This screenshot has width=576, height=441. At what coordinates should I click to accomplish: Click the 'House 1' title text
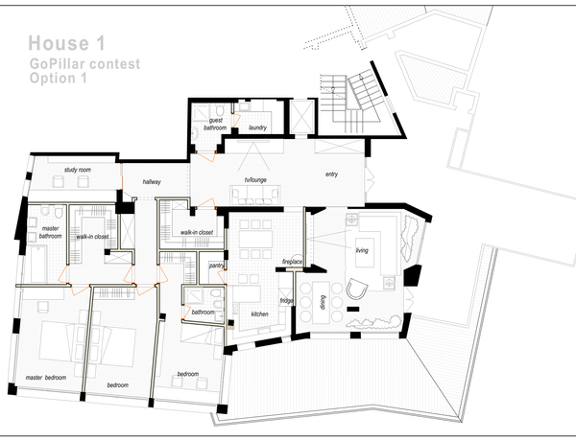tap(66, 43)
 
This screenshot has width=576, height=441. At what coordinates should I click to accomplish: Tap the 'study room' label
tap(78, 170)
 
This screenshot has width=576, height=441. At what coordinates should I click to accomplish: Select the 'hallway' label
tap(152, 181)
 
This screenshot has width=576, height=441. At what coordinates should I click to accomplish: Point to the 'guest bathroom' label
tap(215, 124)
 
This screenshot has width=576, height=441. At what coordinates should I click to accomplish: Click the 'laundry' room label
tap(257, 128)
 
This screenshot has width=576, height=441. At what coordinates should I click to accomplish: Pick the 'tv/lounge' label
tap(255, 180)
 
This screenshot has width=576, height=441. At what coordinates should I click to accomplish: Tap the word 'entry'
tap(331, 174)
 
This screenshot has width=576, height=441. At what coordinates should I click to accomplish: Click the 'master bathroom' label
tap(50, 232)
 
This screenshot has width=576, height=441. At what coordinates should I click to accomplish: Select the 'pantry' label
tap(216, 266)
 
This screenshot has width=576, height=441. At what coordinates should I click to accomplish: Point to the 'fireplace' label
tap(292, 262)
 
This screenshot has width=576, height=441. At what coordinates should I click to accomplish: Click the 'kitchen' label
tap(260, 314)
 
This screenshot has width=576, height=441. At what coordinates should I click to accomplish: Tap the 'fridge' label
tap(286, 301)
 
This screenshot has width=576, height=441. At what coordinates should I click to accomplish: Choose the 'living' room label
tap(362, 250)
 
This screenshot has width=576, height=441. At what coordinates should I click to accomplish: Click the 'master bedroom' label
tap(46, 377)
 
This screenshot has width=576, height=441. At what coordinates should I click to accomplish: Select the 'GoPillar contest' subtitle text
tap(84, 64)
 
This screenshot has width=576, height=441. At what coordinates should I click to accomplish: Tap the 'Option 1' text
tap(59, 79)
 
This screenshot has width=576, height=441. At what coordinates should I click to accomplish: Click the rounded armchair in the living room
tap(357, 289)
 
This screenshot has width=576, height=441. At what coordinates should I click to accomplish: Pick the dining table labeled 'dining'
tap(322, 303)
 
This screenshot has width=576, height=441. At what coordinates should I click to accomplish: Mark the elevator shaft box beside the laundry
tap(302, 117)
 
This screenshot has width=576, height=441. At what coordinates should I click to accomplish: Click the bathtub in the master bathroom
tap(38, 265)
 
